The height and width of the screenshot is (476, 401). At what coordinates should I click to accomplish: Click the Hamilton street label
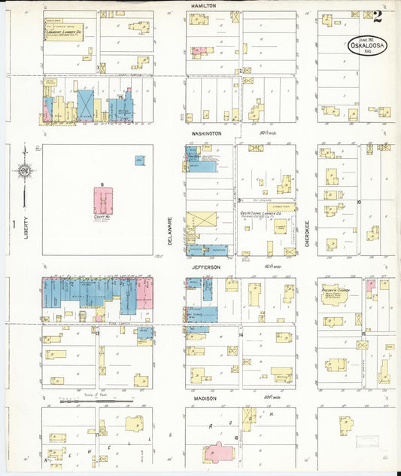[203, 5]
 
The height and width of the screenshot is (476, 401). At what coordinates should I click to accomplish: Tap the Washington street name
[205, 133]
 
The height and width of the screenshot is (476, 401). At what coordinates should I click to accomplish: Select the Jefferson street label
[205, 267]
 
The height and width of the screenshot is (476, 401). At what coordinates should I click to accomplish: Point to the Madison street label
[203, 398]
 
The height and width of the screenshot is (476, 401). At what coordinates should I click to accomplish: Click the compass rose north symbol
[24, 170]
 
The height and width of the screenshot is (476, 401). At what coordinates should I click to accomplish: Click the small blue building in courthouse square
[140, 160]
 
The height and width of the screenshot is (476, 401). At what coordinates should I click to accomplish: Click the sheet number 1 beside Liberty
[13, 223]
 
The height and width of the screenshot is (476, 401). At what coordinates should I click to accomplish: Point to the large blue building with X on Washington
[86, 105]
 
